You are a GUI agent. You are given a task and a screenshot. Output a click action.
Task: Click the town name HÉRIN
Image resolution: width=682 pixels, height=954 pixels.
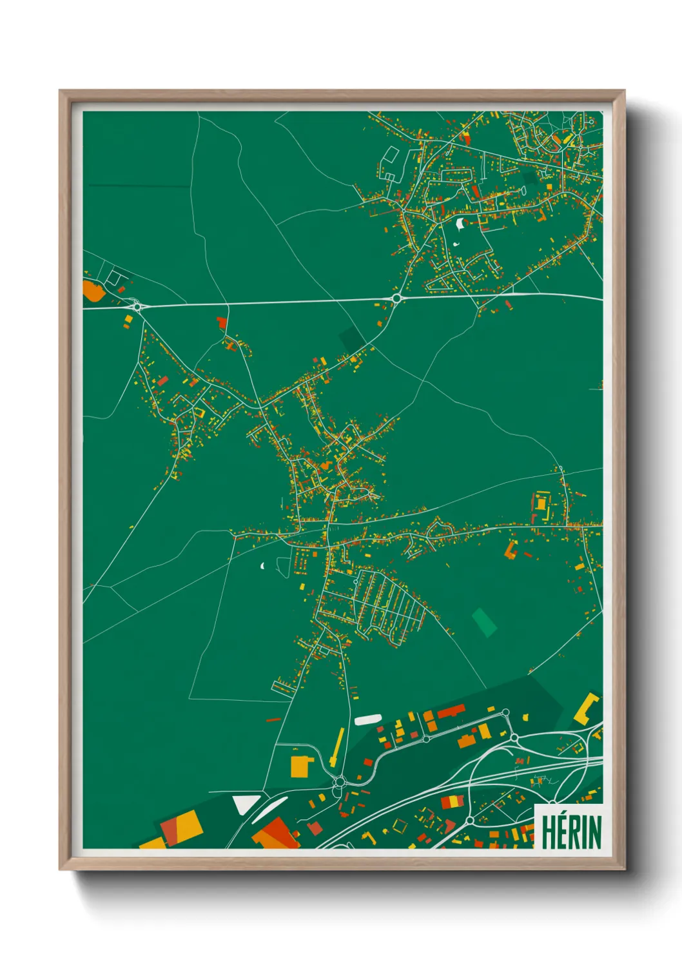pyautogui.click(x=570, y=832)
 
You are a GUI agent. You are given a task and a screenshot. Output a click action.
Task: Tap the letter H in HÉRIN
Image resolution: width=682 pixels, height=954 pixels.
pyautogui.click(x=549, y=832)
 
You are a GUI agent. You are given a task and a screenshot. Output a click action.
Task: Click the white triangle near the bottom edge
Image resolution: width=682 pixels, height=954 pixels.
pyautogui.click(x=245, y=803)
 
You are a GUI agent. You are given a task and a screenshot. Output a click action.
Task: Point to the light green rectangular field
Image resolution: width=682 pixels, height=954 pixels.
pyautogui.click(x=484, y=622)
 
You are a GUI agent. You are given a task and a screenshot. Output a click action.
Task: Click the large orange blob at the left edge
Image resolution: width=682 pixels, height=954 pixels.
pyautogui.click(x=93, y=291)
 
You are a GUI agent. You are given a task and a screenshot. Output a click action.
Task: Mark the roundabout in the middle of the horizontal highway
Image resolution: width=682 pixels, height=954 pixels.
pyautogui.click(x=396, y=298)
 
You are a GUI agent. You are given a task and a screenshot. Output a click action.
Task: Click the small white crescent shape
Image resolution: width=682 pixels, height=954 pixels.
pyautogui.click(x=263, y=566)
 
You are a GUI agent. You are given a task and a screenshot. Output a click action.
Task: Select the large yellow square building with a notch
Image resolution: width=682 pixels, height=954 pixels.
pyautogui.click(x=301, y=766)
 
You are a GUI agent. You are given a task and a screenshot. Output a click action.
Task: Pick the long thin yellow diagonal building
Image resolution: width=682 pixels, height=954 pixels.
pyautogui.click(x=337, y=747)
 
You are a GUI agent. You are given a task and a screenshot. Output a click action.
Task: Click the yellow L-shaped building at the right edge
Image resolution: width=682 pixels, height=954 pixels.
pyautogui.click(x=587, y=708)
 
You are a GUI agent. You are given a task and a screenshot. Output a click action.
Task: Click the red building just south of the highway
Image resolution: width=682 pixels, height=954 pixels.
pyautogui.click(x=222, y=322)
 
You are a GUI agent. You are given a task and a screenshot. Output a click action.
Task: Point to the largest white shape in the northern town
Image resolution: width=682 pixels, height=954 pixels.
pyautogui.click(x=460, y=224)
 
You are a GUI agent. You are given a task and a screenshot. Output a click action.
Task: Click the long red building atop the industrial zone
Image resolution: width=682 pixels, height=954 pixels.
pyautogui.click(x=451, y=711)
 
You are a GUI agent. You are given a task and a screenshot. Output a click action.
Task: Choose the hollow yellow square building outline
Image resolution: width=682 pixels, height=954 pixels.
pyautogui.click(x=400, y=825)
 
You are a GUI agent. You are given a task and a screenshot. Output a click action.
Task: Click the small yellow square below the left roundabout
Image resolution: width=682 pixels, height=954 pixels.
pyautogui.click(x=128, y=319)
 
